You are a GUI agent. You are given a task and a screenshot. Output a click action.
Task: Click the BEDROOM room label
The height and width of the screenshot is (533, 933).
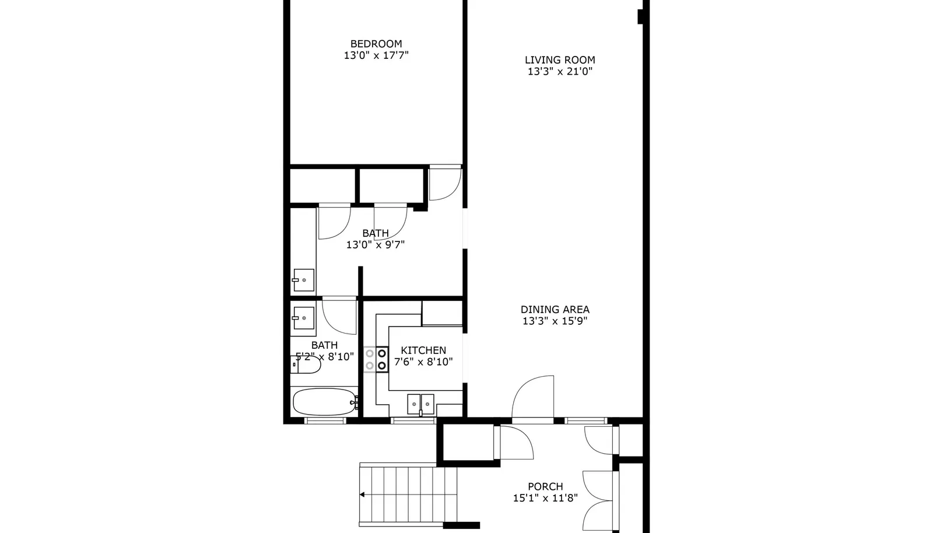[376, 44]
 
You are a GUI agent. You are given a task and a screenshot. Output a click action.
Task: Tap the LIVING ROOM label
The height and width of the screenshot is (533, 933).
[560, 60]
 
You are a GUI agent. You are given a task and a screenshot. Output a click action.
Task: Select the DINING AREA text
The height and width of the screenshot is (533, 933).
[555, 310]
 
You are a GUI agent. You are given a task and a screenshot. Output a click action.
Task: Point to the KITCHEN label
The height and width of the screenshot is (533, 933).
[423, 350]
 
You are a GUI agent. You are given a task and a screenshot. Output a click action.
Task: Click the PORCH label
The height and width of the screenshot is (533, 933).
[545, 486]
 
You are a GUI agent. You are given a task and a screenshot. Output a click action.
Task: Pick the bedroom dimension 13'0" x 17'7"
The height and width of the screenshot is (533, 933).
[376, 55]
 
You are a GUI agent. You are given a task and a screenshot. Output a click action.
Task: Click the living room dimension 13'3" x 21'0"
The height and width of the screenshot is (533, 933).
[560, 72]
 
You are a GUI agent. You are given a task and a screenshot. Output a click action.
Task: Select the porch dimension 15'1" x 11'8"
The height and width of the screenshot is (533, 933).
[545, 498]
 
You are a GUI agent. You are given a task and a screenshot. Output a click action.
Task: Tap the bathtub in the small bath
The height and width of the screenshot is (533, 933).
[324, 402]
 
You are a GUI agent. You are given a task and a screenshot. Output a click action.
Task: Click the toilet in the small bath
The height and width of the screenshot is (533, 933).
[306, 365]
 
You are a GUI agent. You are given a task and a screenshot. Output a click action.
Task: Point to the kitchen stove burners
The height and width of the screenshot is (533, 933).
[376, 359]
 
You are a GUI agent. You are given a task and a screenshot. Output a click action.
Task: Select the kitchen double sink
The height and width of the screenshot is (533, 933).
[420, 404]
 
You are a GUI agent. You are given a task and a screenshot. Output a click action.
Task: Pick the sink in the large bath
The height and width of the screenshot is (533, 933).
[303, 280]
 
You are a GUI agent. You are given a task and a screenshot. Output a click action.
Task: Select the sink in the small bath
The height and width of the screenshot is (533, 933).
[303, 318]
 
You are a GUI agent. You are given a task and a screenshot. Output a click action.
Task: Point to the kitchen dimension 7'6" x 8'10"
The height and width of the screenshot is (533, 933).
[423, 362]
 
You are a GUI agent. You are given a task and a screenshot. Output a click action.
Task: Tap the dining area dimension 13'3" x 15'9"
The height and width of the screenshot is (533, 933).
[555, 321]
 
